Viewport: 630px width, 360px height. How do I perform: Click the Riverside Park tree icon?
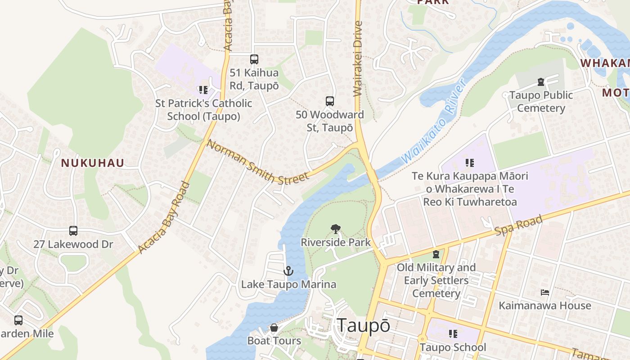(335, 229)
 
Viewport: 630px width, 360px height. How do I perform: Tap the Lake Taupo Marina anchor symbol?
(288, 271)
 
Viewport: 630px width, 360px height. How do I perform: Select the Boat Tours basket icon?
(274, 328)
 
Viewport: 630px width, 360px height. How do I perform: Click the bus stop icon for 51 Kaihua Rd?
(254, 59)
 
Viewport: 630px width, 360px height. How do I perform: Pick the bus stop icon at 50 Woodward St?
(330, 101)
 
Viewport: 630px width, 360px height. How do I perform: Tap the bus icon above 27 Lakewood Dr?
(73, 231)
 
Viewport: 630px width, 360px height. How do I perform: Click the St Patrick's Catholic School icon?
(203, 90)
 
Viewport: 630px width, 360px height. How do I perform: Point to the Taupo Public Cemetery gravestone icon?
(540, 82)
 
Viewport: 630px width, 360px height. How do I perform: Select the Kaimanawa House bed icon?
(545, 292)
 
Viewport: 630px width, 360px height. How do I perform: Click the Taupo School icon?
(453, 334)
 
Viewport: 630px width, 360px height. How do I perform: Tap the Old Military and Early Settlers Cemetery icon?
(436, 255)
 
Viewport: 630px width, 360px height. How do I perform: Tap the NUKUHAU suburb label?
(92, 163)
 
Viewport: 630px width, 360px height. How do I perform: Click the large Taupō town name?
(363, 325)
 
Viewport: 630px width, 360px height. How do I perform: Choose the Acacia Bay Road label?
(164, 218)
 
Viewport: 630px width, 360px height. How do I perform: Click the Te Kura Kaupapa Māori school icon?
(470, 163)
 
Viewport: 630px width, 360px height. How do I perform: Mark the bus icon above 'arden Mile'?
(18, 320)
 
